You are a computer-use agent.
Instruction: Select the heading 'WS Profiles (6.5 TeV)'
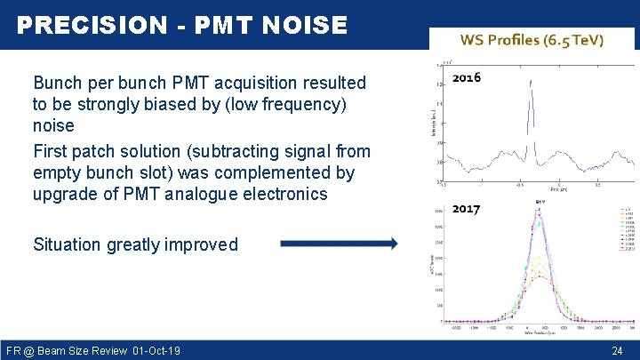pyautogui.click(x=532, y=40)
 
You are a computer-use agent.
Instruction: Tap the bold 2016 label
pyautogui.click(x=467, y=77)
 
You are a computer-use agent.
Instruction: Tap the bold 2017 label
pyautogui.click(x=466, y=209)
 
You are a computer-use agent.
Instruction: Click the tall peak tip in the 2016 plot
pyautogui.click(x=530, y=82)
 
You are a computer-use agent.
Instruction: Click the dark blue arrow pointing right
pyautogui.click(x=339, y=244)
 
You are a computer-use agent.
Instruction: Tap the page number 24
pyautogui.click(x=617, y=351)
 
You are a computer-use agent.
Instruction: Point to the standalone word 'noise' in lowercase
pyautogui.click(x=53, y=126)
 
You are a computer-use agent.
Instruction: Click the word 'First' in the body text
pyautogui.click(x=52, y=149)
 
